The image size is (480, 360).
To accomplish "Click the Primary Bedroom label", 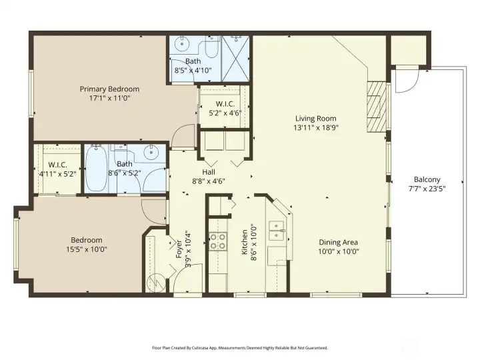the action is [109, 89].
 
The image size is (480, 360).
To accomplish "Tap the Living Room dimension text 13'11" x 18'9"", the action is [315, 127].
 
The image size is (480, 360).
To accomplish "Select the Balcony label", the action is [427, 179].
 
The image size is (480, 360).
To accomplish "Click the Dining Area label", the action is [338, 242].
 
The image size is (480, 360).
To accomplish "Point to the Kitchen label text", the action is [245, 242].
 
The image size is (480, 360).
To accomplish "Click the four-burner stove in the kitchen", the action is [218, 241].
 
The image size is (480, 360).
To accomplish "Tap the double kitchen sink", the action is [277, 231].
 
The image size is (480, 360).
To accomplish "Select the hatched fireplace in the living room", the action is [376, 107].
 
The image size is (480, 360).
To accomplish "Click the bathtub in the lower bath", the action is [96, 169].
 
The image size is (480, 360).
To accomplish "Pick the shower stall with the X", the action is [235, 59].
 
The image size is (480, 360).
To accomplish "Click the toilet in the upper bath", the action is [211, 47].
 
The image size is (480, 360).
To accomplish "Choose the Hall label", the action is [209, 172].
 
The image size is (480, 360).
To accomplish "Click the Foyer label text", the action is [179, 249].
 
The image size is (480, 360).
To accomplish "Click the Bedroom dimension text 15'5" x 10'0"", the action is [87, 249].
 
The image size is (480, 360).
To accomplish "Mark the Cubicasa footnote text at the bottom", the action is [240, 348].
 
